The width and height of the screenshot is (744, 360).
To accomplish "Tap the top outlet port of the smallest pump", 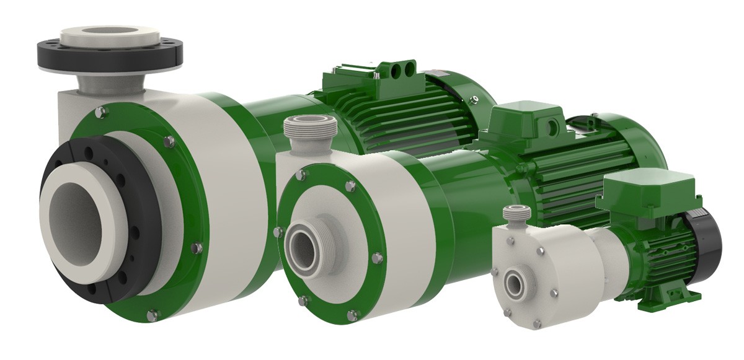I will click(x=516, y=214).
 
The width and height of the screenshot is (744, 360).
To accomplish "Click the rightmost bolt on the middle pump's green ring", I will click(x=376, y=257).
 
